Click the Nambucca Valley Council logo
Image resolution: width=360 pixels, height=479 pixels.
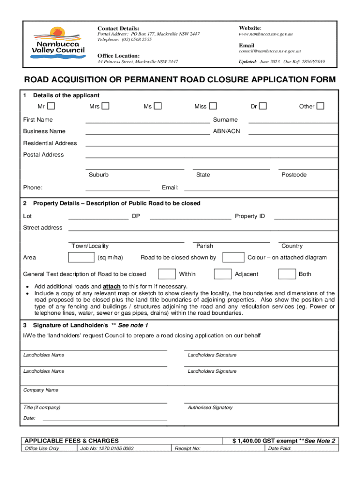click(58, 44)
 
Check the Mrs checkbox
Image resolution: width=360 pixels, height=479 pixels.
click(105, 106)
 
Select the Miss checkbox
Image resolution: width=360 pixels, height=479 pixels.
click(213, 106)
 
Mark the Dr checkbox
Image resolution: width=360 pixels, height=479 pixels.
click(263, 106)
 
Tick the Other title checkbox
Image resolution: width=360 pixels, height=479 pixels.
click(320, 106)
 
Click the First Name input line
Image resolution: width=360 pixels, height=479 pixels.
click(147, 120)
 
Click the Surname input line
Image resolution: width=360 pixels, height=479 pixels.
click(293, 120)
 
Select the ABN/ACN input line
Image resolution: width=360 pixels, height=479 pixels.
click(293, 132)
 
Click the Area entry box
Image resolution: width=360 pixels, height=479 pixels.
click(81, 257)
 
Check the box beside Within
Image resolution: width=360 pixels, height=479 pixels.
click(166, 274)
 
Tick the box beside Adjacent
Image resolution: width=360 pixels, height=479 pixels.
click(223, 274)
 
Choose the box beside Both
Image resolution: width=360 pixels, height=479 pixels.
click(287, 274)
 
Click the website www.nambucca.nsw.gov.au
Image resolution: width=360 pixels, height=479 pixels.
click(266, 35)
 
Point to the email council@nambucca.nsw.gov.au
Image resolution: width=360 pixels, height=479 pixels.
click(269, 51)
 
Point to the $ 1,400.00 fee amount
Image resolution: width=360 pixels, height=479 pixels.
click(251, 441)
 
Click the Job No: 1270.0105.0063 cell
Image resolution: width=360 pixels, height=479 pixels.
click(107, 449)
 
